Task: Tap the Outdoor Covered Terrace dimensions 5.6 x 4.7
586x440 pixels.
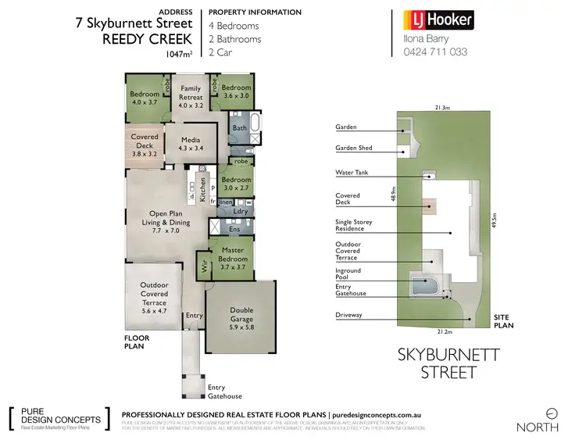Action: point(154,310)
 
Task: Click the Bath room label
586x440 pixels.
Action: point(239,127)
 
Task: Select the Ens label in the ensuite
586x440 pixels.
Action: point(234,229)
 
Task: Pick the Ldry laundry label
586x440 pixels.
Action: point(241,212)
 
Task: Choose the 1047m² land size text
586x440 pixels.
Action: point(180,55)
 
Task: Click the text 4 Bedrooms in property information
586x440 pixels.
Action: point(234,26)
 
